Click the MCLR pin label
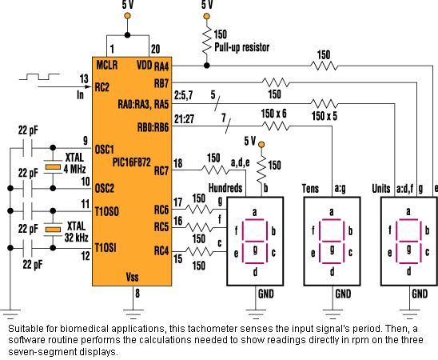pos(107,66)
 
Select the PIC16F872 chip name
pos(132,162)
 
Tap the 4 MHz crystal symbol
pos(53,167)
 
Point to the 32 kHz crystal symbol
pos(53,230)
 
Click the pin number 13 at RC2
pos(84,79)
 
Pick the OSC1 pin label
pos(105,150)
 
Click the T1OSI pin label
pos(106,248)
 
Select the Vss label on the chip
pos(132,277)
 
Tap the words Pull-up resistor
pos(242,47)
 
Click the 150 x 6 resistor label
pos(273,114)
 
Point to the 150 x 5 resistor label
pos(325,116)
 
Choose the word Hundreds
pos(225,188)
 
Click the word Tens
pos(310,189)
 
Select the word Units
pos(381,189)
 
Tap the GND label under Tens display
pos(343,294)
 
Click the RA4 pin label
pos(161,66)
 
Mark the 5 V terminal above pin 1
pos(127,16)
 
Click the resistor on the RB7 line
pos(276,82)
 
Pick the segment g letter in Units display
pos(408,248)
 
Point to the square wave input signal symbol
pos(39,77)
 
